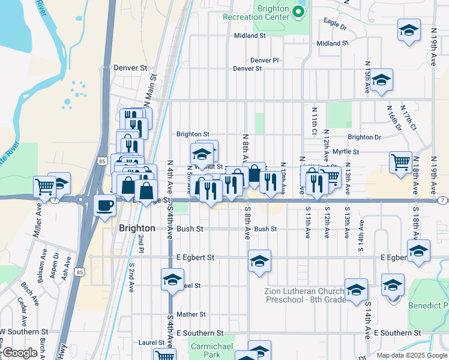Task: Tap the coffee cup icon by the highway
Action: pyautogui.click(x=104, y=206)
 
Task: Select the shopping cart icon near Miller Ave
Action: pyautogui.click(x=44, y=187)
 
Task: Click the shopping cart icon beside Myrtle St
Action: pyautogui.click(x=400, y=161)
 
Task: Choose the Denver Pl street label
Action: pyautogui.click(x=265, y=61)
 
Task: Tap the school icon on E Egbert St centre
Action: pyautogui.click(x=259, y=261)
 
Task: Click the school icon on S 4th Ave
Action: pyautogui.click(x=172, y=280)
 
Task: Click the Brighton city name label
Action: pyautogui.click(x=137, y=229)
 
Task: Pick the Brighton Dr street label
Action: pyautogui.click(x=364, y=137)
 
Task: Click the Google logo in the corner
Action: pyautogui.click(x=20, y=353)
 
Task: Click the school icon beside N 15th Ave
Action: pyautogui.click(x=381, y=80)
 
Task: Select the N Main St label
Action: pyautogui.click(x=150, y=91)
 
